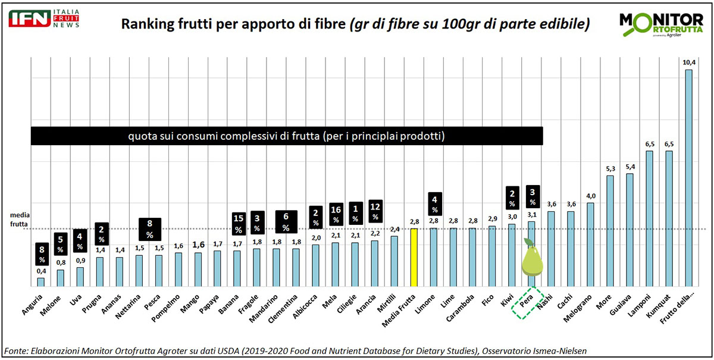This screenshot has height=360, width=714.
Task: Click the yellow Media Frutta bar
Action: point(414,257)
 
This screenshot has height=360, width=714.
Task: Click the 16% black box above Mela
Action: point(336,215)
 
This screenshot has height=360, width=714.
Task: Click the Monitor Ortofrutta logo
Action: point(660,24)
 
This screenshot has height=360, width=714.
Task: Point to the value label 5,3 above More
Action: point(610,168)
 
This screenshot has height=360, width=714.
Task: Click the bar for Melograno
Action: point(590,244)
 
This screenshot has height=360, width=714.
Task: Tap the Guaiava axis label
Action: point(623,301)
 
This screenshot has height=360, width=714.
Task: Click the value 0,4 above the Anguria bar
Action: point(41,271)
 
